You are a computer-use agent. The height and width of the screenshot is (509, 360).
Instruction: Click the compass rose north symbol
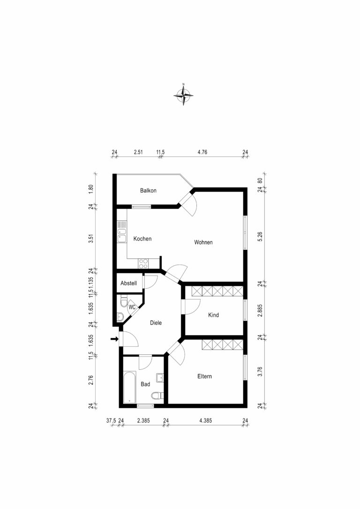coord(184,94)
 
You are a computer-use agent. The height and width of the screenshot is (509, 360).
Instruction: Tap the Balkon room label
coord(148,191)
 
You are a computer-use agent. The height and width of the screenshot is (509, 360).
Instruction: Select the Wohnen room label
coord(203,242)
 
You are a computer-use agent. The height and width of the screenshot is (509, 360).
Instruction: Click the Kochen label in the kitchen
coord(142,239)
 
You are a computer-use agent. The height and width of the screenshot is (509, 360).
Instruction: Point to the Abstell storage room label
coord(128,283)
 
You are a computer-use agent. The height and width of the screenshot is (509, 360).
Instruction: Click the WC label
coord(132,307)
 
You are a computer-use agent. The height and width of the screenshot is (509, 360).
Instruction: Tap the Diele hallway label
coord(156,322)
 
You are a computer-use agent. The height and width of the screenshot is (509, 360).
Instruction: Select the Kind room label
coord(213,315)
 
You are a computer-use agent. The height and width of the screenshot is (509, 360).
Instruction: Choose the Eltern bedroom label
coord(204,376)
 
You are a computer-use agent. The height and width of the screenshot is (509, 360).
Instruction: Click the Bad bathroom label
coord(145,384)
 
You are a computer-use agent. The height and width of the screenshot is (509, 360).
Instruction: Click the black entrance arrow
coord(114,339)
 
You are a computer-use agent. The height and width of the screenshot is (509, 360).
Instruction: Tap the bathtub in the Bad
coord(129,387)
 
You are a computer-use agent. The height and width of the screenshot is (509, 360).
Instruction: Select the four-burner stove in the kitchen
coord(143,263)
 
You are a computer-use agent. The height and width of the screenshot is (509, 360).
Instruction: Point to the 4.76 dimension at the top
coord(202,152)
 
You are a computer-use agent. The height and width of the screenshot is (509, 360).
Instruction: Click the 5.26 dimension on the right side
coord(262,236)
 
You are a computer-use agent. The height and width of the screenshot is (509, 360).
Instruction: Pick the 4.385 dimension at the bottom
coord(205,421)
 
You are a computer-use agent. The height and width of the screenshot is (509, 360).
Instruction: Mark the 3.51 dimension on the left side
coord(91,238)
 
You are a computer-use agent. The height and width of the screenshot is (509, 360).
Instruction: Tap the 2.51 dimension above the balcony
coord(138,152)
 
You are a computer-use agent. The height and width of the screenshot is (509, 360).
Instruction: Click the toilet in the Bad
coord(160,395)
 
